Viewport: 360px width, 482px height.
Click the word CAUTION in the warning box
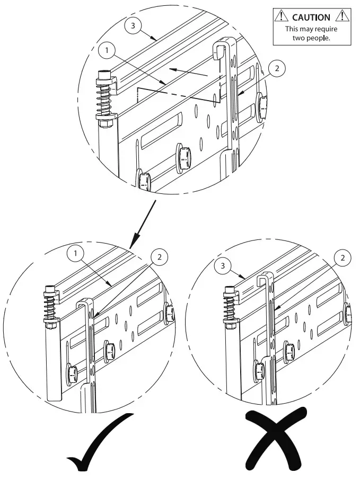(x=311, y=17)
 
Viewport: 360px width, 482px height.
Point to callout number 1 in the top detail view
(x=107, y=51)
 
